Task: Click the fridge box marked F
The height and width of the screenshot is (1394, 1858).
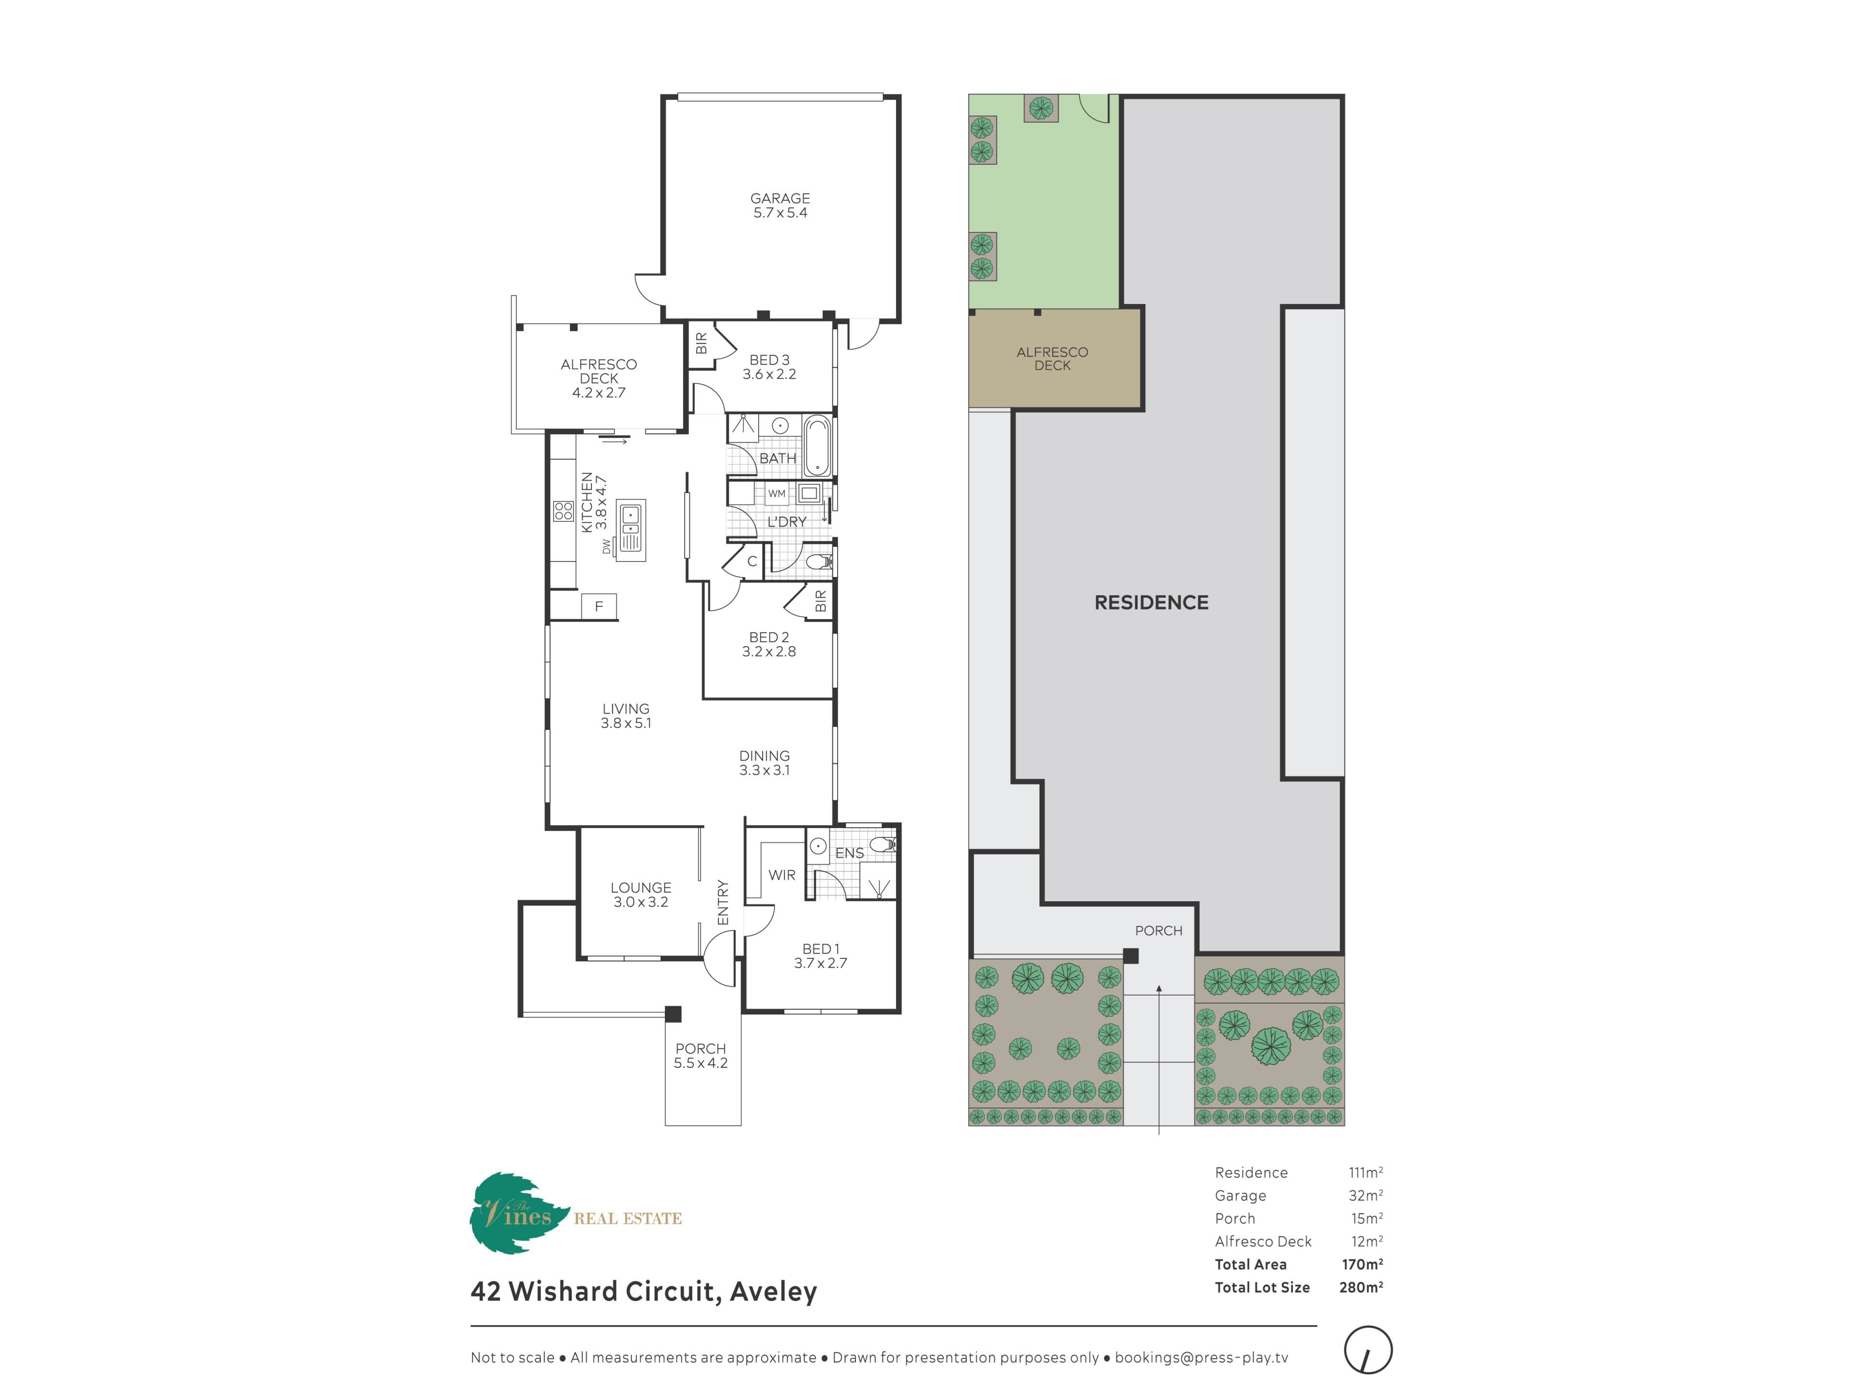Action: tap(599, 606)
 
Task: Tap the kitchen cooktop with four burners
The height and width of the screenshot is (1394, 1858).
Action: tap(563, 511)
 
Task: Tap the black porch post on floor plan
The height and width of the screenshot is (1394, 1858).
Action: tap(673, 1014)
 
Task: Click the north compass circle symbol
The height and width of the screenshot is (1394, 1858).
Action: tap(1368, 1350)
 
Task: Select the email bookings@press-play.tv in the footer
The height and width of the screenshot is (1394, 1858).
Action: tap(1201, 1357)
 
